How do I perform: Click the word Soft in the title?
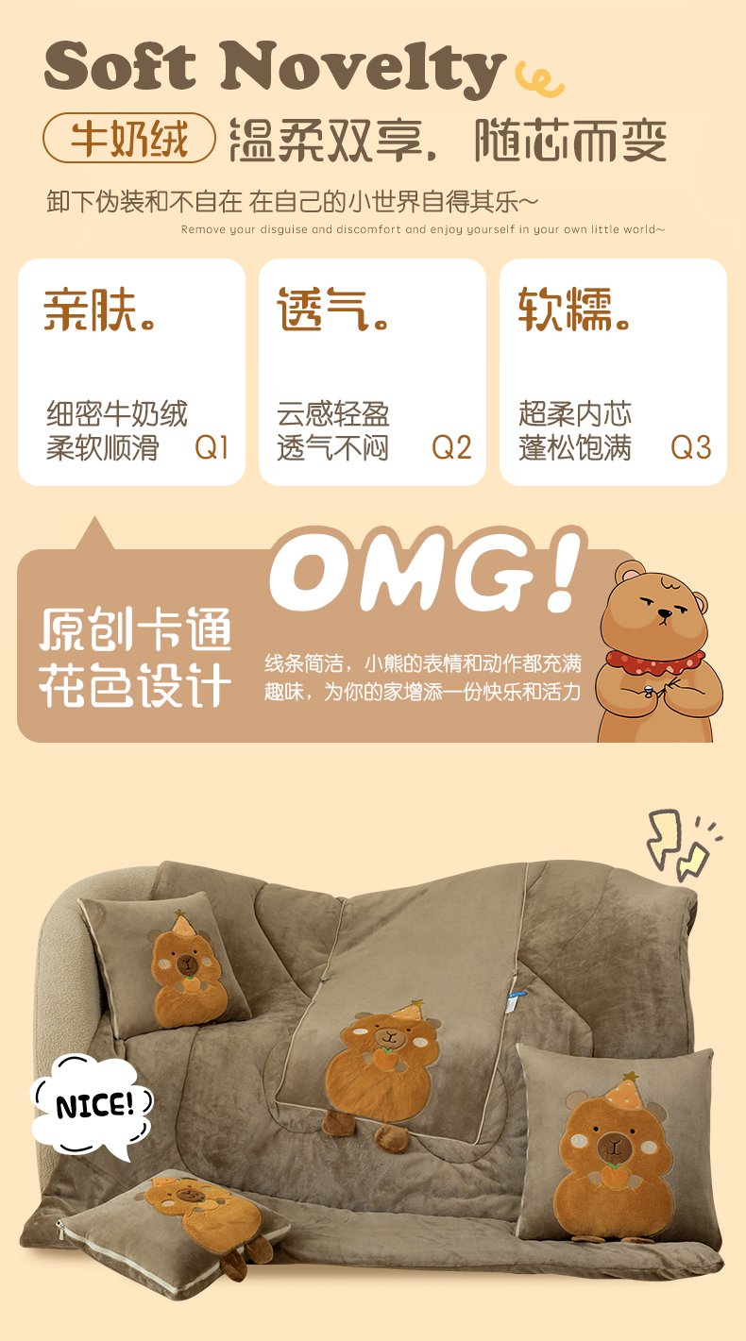pos(120,65)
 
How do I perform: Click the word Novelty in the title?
pos(363,68)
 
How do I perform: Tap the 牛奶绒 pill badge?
pos(128,138)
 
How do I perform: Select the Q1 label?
pos(212,447)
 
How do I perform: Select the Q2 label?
pos(451,447)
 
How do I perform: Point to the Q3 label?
pos(691,447)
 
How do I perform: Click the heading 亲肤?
pos(99,310)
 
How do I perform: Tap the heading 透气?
pos(333,310)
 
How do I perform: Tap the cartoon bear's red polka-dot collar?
pos(655,662)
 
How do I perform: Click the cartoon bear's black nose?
pos(665,613)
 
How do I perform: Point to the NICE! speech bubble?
pos(92,1106)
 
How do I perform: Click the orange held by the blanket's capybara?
pos(385,1059)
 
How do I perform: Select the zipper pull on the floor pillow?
pos(60,1230)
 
